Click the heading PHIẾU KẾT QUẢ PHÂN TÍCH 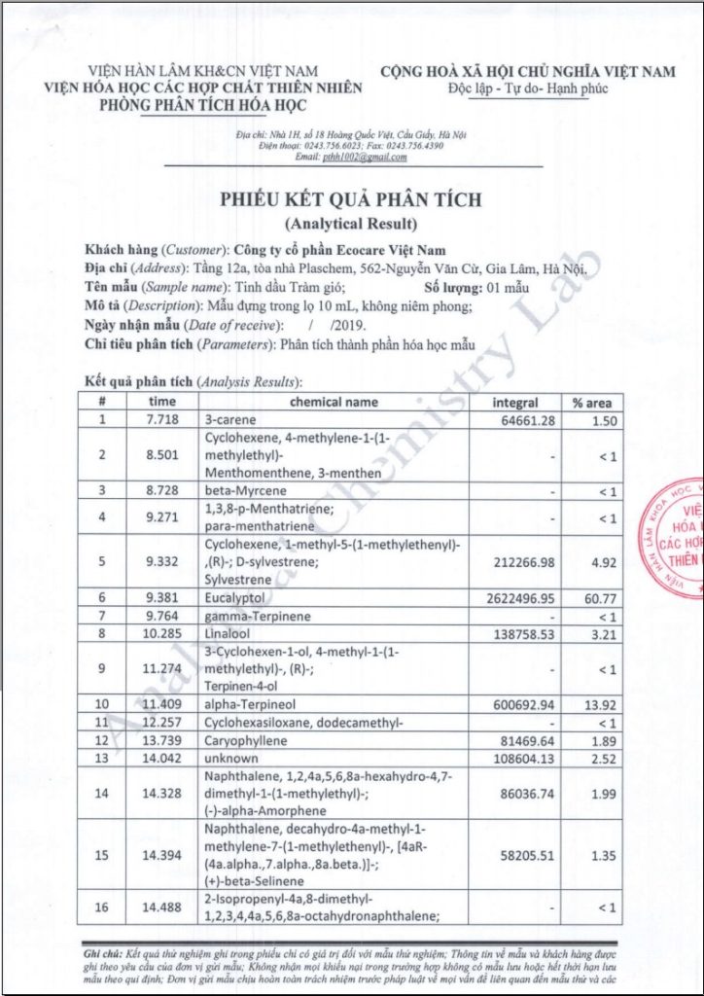[351, 200]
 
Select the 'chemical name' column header [334, 402]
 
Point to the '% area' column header [592, 402]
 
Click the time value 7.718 [162, 419]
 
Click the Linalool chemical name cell [226, 633]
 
